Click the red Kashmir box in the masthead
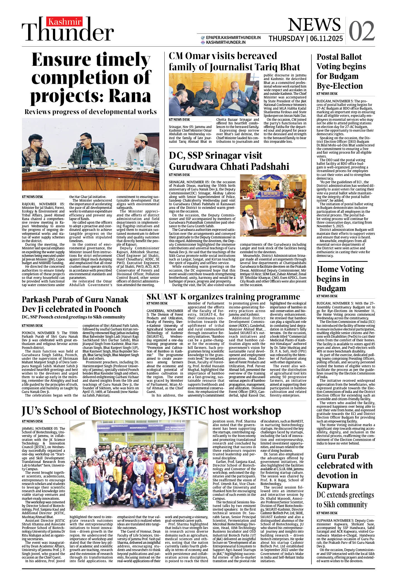coord(64,22)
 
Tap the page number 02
coord(362,31)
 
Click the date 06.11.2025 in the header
coord(326,38)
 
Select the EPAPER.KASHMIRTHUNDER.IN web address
coord(233,38)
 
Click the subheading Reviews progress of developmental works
coord(91,112)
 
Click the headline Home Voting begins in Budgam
coord(340,279)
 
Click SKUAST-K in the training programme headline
coord(166,296)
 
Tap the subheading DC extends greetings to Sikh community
coord(345,500)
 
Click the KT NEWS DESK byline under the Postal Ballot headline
coord(327,94)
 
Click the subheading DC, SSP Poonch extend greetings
coord(74,317)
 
